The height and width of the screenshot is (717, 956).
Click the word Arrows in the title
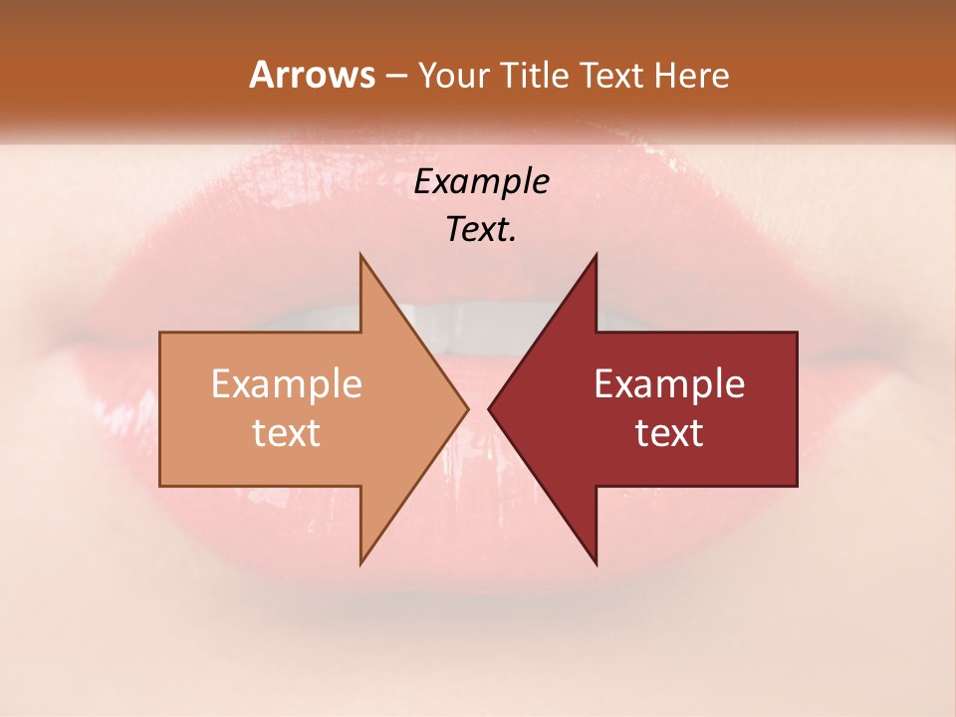point(312,75)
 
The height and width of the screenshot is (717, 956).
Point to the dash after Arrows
point(396,77)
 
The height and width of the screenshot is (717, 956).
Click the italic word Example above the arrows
point(482,181)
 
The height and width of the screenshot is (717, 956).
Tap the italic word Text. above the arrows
point(482,229)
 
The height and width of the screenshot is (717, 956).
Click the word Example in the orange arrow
point(287,384)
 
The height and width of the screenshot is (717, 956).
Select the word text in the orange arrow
point(287,432)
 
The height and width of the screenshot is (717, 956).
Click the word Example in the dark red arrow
point(669,384)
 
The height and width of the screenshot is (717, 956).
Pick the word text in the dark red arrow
point(669,432)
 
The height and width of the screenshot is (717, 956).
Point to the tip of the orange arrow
point(467,408)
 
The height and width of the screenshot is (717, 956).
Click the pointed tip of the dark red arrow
point(490,408)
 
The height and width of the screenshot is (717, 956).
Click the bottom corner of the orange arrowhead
point(361,562)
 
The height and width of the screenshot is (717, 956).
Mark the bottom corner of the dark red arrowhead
point(596,562)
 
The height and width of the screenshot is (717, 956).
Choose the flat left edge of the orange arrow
point(161,408)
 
